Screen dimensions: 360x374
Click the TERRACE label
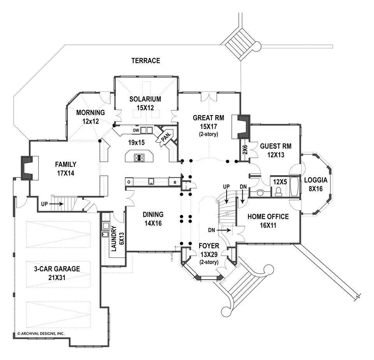click(x=146, y=60)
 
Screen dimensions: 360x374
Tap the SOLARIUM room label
click(x=145, y=99)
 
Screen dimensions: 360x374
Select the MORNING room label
click(x=90, y=113)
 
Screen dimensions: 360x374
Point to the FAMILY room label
click(x=65, y=164)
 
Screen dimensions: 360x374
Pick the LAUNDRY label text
click(x=114, y=239)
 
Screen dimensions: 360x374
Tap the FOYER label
click(x=208, y=246)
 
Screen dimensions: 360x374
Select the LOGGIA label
click(x=316, y=180)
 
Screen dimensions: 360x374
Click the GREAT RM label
click(x=208, y=117)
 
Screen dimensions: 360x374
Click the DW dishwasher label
click(x=136, y=130)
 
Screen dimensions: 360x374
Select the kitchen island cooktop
click(x=139, y=158)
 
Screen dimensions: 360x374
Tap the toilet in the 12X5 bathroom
click(x=279, y=191)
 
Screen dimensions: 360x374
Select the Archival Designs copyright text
click(x=41, y=334)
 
